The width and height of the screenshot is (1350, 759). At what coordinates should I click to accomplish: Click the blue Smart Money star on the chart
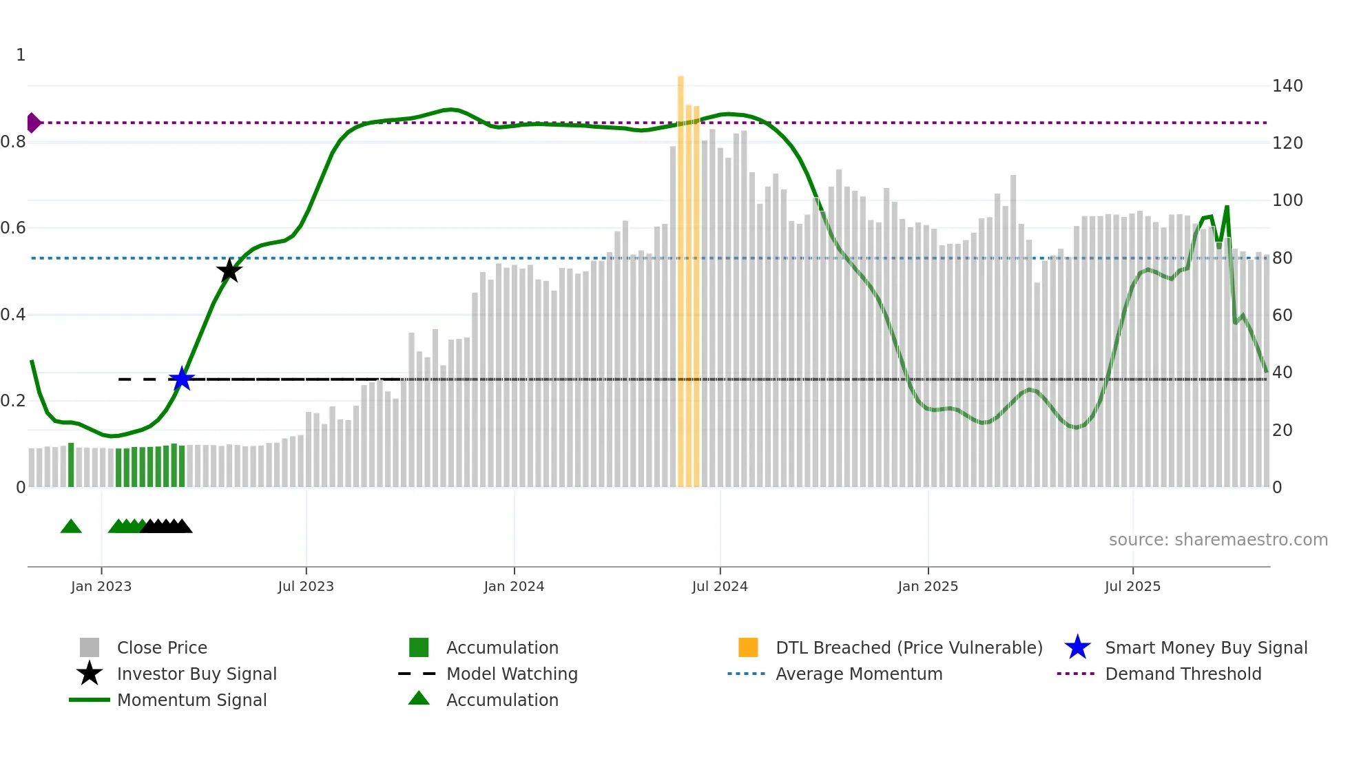182,379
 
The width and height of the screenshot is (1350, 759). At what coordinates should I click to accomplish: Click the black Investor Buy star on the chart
229,271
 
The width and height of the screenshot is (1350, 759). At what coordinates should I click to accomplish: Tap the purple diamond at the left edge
33,123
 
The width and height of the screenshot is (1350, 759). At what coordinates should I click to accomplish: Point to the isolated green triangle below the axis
71,527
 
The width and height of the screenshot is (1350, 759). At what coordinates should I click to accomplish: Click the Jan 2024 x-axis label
514,586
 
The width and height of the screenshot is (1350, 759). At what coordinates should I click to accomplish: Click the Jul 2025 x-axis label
1132,586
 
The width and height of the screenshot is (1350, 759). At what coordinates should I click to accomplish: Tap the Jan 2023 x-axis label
101,586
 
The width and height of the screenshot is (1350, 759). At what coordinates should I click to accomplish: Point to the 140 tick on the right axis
1287,86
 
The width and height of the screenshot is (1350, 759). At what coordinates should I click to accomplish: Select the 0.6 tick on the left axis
13,228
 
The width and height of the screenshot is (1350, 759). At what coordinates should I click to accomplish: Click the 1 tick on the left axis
21,55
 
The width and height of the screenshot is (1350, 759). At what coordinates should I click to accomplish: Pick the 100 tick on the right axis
1287,200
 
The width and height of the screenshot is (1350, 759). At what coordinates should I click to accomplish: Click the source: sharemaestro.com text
1218,540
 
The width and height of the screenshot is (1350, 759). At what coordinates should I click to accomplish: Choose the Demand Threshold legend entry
1183,674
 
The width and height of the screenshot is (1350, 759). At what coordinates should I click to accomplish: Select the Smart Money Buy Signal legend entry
1205,647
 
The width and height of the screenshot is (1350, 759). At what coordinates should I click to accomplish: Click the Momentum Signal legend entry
191,700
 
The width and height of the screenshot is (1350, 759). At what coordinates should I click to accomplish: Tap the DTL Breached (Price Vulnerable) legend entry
908,647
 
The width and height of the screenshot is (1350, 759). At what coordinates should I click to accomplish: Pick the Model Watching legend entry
511,674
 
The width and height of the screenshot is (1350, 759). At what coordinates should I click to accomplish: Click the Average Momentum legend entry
858,674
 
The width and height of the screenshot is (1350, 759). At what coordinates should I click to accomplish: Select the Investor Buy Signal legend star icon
90,674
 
